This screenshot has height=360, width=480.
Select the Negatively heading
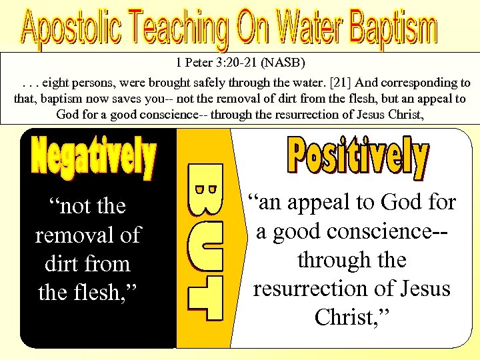pyautogui.click(x=94, y=158)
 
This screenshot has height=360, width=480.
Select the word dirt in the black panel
pyautogui.click(x=58, y=263)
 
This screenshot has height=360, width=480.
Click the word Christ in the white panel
pyautogui.click(x=346, y=317)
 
